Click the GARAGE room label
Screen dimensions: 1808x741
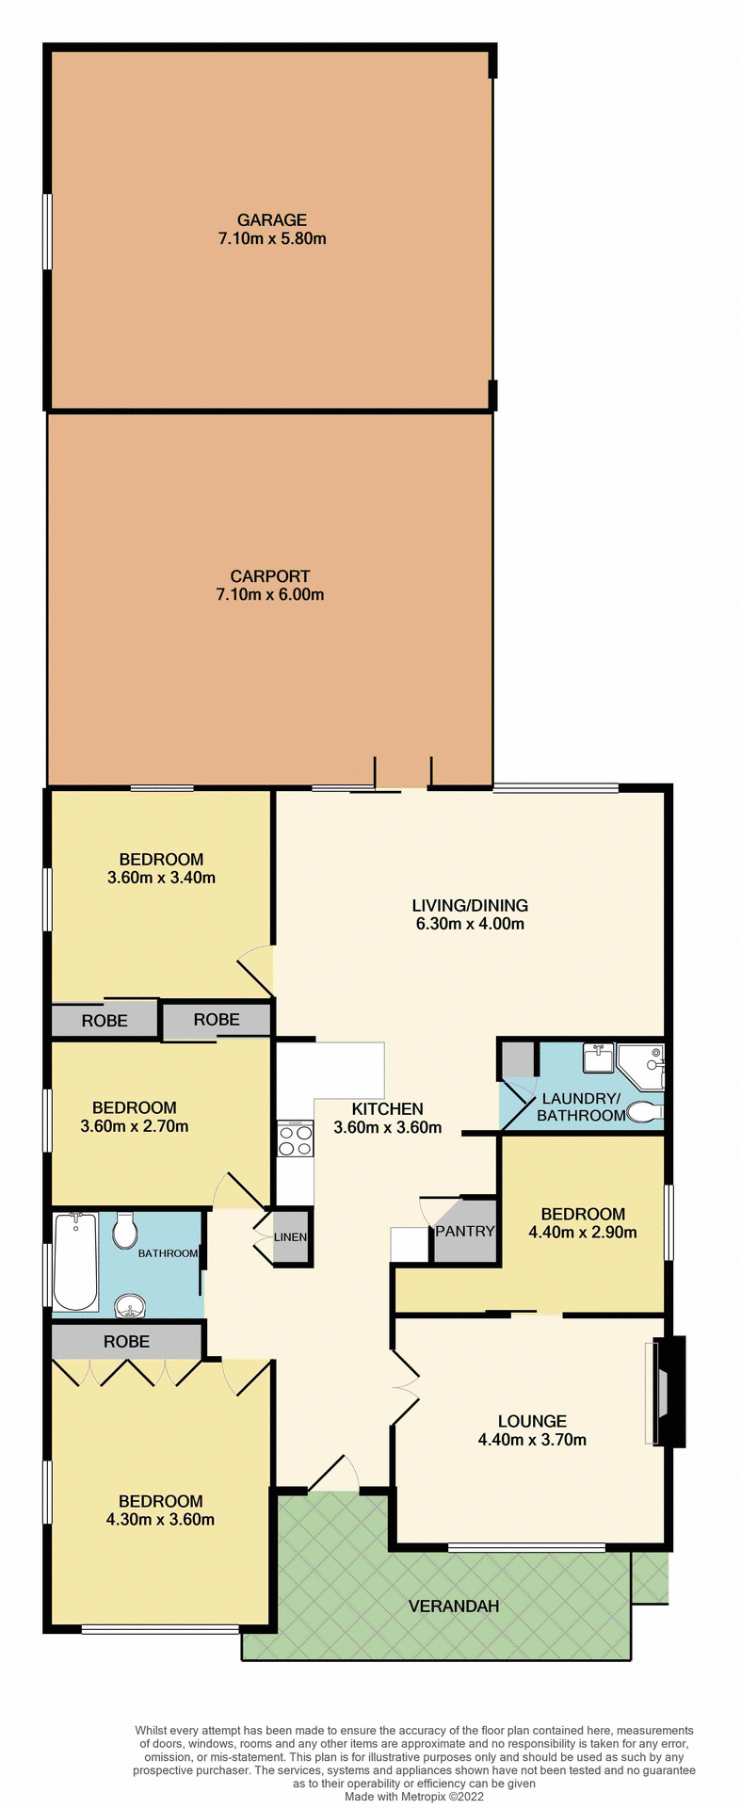pos(271,219)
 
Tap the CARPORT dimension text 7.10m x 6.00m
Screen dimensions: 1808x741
pos(269,594)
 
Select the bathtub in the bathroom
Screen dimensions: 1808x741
pos(75,1261)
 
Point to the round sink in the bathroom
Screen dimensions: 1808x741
pos(130,1305)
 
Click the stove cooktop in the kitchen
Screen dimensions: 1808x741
pos(294,1140)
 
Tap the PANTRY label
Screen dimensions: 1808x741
pos(465,1231)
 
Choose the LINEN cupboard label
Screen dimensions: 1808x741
pos(290,1236)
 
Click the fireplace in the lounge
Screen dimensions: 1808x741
pos(668,1392)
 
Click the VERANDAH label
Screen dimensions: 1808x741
pos(454,1606)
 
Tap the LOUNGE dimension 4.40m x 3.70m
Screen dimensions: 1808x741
pos(532,1439)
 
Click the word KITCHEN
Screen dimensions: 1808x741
pos(387,1108)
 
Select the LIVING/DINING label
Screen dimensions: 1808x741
pos(470,905)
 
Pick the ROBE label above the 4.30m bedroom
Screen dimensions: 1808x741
pos(126,1341)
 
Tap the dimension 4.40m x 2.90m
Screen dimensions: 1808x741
pos(583,1232)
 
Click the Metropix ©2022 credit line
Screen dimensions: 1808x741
pos(413,1797)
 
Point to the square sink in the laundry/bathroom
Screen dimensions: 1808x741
pos(597,1058)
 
